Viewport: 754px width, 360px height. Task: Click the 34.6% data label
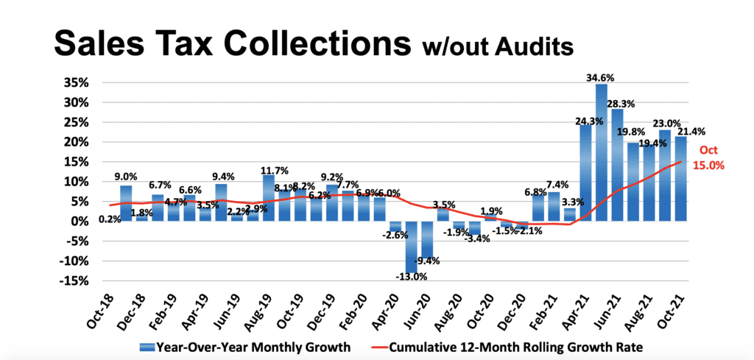click(602, 77)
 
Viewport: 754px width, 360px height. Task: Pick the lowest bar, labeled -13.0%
click(412, 247)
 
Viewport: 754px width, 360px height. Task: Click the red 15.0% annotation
click(710, 166)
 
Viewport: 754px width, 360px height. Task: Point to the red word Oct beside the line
click(708, 151)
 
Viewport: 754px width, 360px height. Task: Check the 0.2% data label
click(108, 219)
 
